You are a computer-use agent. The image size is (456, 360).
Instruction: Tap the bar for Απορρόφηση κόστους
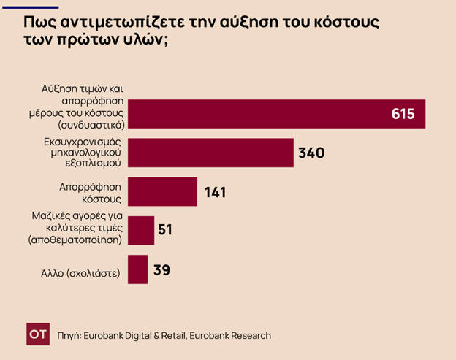point(162,192)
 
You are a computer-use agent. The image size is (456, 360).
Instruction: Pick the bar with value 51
point(141,230)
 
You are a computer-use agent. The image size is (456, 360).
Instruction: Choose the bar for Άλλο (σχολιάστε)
point(137,269)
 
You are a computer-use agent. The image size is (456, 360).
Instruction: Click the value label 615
point(403,114)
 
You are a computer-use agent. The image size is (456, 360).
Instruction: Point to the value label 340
point(311,153)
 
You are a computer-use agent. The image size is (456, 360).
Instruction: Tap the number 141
point(215,193)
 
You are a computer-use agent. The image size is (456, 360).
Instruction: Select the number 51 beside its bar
point(165,230)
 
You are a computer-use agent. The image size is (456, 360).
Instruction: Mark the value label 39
point(161,269)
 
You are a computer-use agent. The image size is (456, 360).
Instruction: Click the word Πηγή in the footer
point(69,335)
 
